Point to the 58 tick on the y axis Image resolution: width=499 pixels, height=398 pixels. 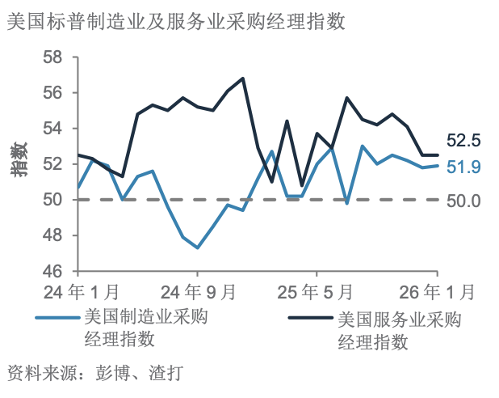54,57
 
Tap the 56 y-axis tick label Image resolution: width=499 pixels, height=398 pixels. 54,93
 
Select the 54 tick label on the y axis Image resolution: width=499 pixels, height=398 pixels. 54,129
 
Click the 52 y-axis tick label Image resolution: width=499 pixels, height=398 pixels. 54,164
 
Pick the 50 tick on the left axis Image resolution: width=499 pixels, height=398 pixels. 54,200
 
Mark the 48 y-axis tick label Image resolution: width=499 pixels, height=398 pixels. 54,235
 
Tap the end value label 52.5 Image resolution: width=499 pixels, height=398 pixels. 463,141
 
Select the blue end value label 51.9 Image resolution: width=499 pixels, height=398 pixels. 463,167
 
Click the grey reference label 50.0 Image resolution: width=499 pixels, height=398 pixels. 463,200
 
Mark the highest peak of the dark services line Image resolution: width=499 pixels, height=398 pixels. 243,78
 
